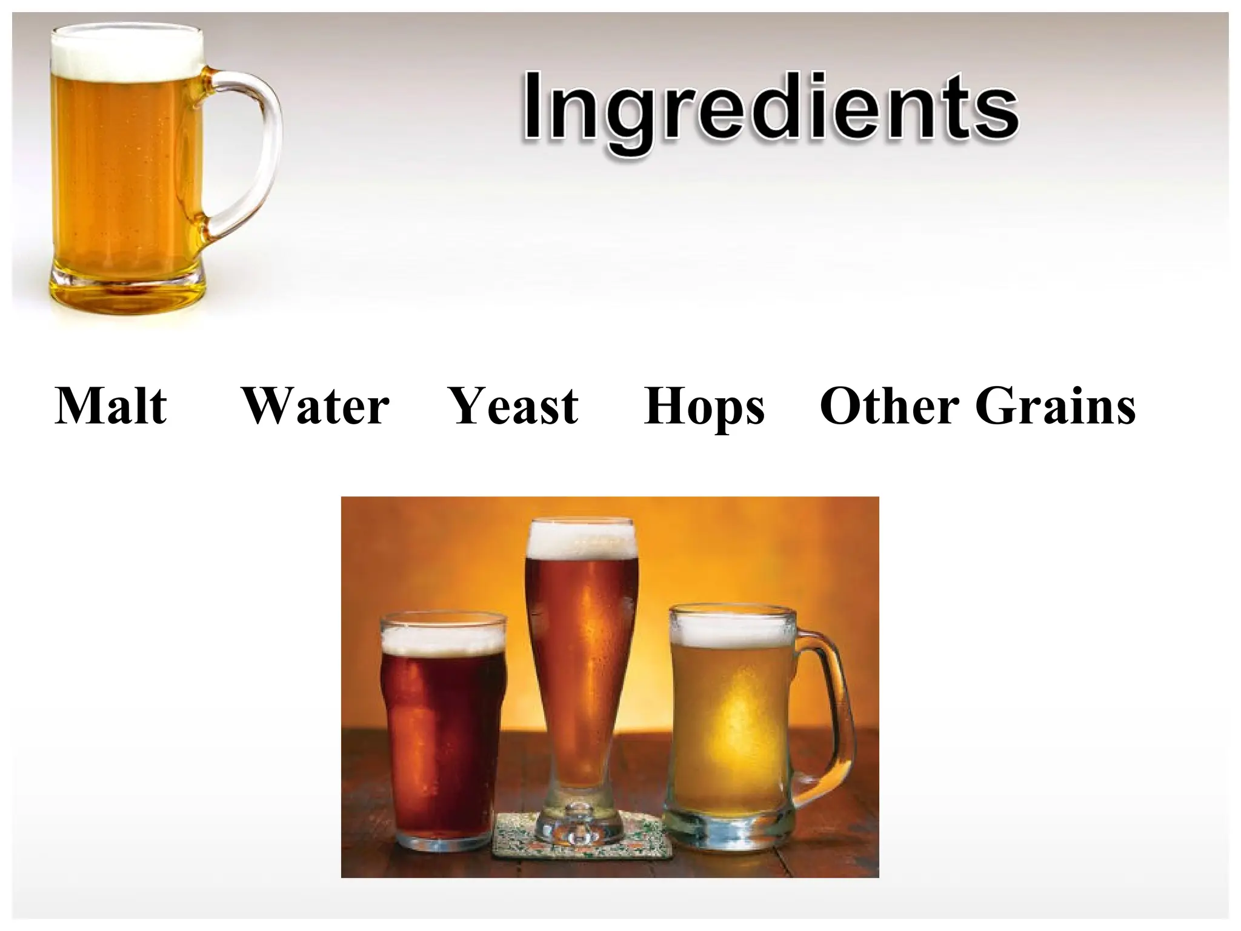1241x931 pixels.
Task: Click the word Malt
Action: (111, 405)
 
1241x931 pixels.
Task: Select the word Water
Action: (315, 405)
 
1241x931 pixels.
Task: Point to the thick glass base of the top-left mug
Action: (127, 288)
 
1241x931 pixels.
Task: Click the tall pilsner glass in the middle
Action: (582, 667)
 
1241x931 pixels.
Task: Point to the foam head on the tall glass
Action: (582, 539)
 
